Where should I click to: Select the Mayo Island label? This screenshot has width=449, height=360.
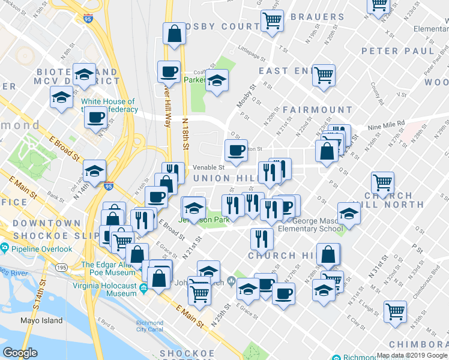[40, 321]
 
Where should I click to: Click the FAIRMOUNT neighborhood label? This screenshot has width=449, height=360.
[317, 110]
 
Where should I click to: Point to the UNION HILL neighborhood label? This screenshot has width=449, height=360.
[220, 178]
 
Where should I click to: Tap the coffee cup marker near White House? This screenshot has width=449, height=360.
[95, 117]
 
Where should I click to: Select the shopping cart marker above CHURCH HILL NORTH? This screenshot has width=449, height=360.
[382, 181]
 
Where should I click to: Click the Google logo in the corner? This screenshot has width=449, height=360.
[20, 353]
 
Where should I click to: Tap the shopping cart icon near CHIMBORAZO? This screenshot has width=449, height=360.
[395, 311]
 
